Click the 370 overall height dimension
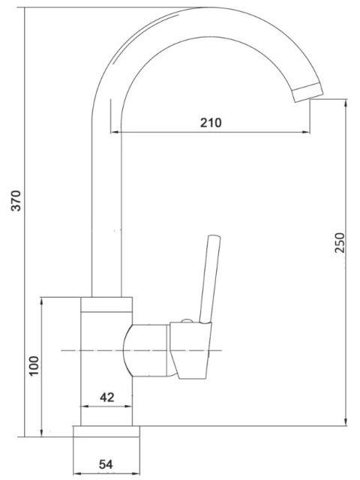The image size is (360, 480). (16, 200)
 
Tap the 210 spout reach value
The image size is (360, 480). (211, 123)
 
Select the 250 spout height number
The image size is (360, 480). (340, 243)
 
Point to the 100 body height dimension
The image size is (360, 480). (34, 365)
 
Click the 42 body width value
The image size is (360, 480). (106, 397)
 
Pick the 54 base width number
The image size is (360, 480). (106, 464)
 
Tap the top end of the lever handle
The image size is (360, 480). (214, 236)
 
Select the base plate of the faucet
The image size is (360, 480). (106, 431)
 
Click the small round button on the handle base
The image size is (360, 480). (187, 321)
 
